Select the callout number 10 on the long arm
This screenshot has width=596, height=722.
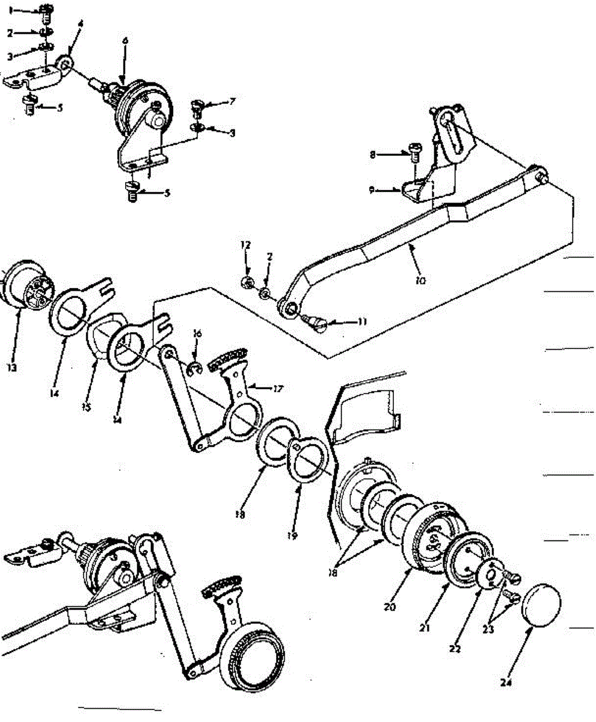420,279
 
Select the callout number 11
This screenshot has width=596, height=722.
361,321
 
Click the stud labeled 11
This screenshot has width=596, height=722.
317,324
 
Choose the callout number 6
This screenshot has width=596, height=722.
124,41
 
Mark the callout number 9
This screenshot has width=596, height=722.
373,190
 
